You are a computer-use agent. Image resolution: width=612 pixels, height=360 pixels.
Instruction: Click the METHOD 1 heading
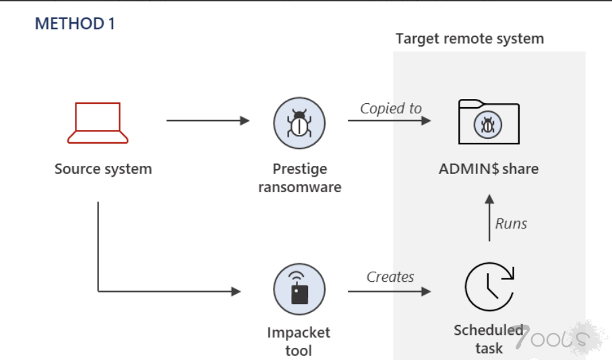coord(75,24)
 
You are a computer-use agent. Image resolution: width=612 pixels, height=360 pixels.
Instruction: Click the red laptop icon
coord(98,123)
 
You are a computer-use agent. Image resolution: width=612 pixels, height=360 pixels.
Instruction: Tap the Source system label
coord(103,169)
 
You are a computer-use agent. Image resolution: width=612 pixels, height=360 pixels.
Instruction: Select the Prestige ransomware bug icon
coord(299,123)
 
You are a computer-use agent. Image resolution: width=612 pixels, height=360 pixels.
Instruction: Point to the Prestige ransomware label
coord(299,177)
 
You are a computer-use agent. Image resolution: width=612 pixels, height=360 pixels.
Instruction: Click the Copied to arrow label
coord(390,109)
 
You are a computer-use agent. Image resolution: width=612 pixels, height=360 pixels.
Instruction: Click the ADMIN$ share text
coord(489,169)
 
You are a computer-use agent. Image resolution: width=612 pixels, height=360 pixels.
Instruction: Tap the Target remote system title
coord(469,38)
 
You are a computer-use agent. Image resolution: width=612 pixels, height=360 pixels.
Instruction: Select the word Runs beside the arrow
coord(511,224)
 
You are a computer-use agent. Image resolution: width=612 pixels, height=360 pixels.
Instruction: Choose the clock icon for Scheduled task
coord(489,287)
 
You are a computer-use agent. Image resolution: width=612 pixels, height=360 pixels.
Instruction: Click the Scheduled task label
coord(488,338)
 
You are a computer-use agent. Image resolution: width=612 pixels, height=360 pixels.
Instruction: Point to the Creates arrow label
coord(390,276)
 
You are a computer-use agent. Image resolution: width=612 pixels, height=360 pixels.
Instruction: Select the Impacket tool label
coord(299,341)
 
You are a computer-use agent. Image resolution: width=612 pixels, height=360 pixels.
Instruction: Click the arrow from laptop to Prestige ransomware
coord(208,121)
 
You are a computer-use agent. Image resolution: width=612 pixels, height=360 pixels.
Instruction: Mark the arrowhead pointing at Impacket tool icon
coord(236,291)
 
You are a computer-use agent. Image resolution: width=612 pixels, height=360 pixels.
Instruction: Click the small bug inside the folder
coord(488,125)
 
